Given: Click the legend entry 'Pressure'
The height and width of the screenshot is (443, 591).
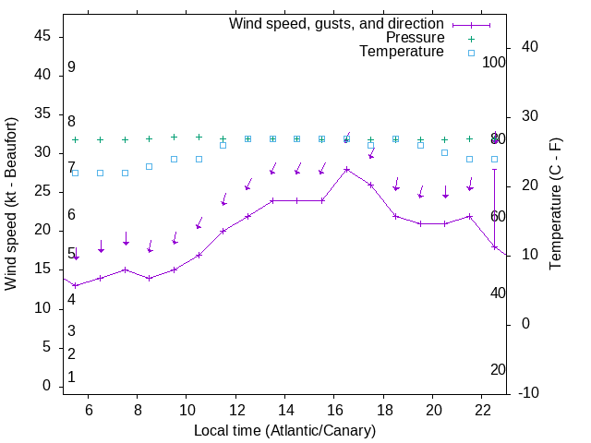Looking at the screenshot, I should pos(415,38).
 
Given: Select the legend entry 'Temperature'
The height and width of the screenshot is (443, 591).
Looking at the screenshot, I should pos(402,52).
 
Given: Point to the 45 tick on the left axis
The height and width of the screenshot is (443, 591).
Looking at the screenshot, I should pos(42,36).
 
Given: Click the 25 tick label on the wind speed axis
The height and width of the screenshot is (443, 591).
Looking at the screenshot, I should pos(42,191).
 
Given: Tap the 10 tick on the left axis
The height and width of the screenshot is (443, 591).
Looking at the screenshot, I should pos(42,308).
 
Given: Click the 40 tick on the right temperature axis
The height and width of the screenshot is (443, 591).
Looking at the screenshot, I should pos(529,47).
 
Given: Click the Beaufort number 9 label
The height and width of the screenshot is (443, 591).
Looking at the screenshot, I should pos(71,67).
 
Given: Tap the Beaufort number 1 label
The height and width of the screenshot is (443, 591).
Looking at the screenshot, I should pos(71,377).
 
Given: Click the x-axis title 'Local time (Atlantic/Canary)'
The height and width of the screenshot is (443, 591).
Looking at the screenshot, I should pos(284,430).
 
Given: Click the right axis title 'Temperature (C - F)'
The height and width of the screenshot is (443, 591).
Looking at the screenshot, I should pos(555,204).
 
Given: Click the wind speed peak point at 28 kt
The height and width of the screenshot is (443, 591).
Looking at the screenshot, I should pos(346,169).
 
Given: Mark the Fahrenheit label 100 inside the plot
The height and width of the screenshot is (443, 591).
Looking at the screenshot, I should pos(494,62).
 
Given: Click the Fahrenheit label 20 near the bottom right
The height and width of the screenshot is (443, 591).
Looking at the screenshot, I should pos(498,369).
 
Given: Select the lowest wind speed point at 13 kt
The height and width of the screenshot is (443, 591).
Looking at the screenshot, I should pos(76,285).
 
